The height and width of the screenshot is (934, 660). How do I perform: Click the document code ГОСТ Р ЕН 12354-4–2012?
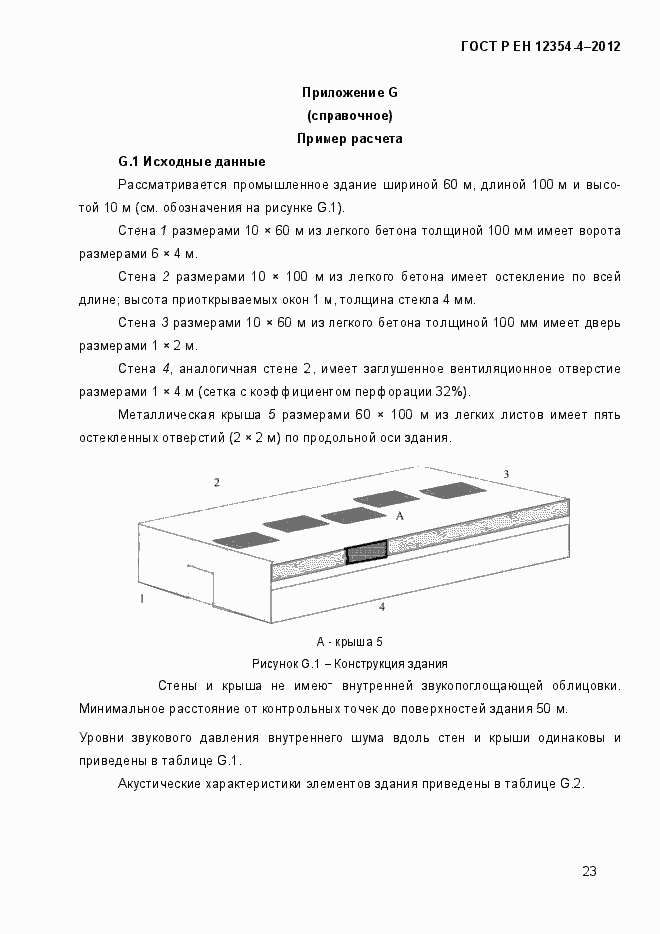540,46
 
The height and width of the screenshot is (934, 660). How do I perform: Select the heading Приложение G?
349,93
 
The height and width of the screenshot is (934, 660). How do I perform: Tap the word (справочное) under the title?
349,116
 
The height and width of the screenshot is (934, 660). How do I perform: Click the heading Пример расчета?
349,139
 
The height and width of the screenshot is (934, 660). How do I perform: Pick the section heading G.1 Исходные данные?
191,162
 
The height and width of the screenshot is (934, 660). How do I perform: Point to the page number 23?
589,871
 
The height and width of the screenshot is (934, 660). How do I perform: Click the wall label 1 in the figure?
142,599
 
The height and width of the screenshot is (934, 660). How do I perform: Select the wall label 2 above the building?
216,483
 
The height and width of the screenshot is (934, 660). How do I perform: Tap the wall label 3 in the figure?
506,473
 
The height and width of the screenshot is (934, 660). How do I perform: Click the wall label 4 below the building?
381,606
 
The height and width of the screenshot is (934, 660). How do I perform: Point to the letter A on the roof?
399,516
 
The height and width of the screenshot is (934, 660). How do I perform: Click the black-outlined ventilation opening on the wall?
366,554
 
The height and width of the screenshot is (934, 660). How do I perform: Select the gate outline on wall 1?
199,583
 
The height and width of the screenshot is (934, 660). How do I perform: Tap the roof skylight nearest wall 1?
245,539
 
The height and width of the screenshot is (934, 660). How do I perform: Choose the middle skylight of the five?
347,515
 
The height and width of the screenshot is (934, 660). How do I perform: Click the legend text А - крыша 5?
349,642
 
